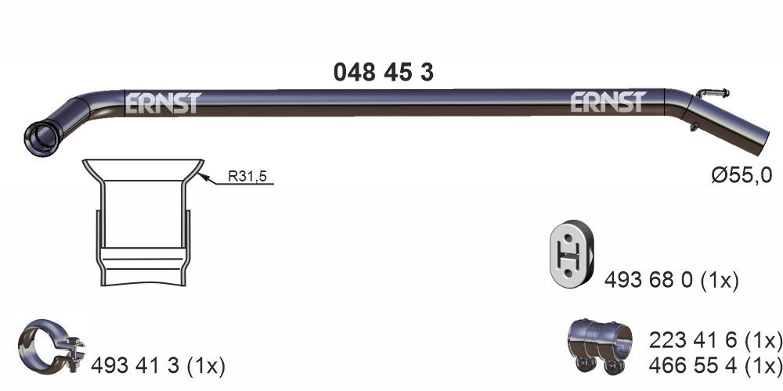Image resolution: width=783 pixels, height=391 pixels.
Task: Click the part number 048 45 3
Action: click(x=384, y=72)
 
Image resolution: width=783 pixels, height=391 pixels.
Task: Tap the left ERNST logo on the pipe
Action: click(x=163, y=102)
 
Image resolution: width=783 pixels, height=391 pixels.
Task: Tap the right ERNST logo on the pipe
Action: click(x=608, y=102)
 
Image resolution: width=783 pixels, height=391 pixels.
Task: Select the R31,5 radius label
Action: click(x=247, y=178)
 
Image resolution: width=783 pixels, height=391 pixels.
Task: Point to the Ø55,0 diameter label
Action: click(x=741, y=176)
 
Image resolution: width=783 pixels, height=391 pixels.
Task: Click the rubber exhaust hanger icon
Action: click(x=570, y=255)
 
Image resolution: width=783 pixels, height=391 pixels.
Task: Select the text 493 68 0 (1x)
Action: click(x=671, y=279)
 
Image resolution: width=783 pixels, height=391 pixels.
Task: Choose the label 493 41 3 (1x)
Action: click(x=158, y=365)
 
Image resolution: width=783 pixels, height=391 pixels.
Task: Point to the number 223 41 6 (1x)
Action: click(x=715, y=340)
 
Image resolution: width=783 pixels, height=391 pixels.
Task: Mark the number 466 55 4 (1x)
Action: click(x=715, y=364)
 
